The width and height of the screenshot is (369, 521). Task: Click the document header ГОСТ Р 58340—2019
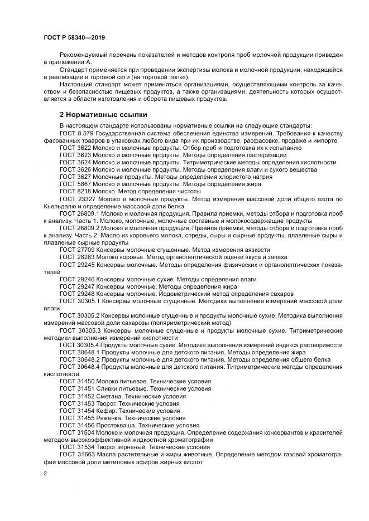pyautogui.click(x=74, y=37)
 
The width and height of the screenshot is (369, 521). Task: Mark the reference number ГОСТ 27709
pyautogui.click(x=77, y=250)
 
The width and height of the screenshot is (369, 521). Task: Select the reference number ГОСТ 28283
pyautogui.click(x=77, y=257)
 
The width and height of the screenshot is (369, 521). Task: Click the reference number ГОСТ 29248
pyautogui.click(x=77, y=293)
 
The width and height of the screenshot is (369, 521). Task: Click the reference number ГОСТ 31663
pyautogui.click(x=77, y=454)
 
